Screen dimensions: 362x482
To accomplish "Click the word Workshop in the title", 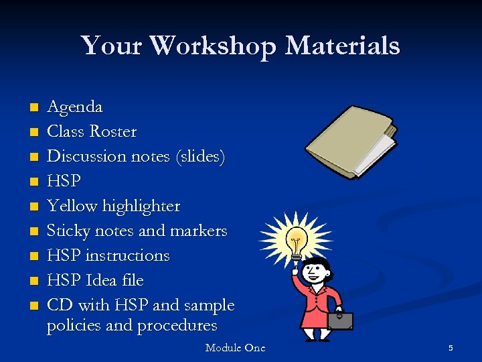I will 212,46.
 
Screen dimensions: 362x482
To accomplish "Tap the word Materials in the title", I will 343,46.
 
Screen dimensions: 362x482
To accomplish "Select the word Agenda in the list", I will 74,107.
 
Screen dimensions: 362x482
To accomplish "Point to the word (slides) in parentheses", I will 199,157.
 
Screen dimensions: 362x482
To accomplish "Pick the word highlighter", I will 141,206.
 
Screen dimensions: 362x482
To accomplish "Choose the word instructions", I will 129,255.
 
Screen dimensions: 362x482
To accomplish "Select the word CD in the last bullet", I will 60,305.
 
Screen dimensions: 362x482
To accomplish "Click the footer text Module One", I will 235,348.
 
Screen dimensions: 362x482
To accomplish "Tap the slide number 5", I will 451,348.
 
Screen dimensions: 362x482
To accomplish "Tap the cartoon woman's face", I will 313,272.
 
